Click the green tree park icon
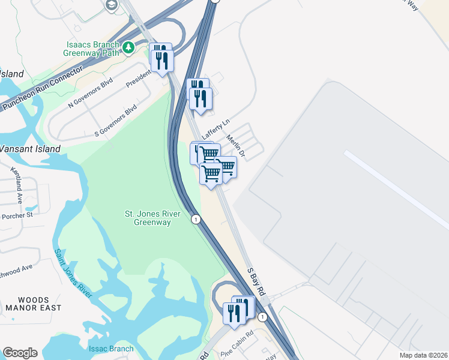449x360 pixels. tap(127, 46)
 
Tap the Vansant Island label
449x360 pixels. tap(30, 149)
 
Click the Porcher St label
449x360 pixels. tap(17, 215)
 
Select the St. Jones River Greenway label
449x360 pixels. tap(148, 218)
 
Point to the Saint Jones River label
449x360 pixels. tap(74, 272)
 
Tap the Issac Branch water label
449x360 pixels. tap(111, 349)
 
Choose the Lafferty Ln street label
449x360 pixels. tap(215, 129)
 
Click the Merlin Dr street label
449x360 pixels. tap(236, 145)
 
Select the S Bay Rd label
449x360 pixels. tap(257, 281)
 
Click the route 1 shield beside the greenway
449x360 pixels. tap(196, 220)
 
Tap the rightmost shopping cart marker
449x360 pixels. tap(226, 166)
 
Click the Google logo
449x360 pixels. tap(20, 353)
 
